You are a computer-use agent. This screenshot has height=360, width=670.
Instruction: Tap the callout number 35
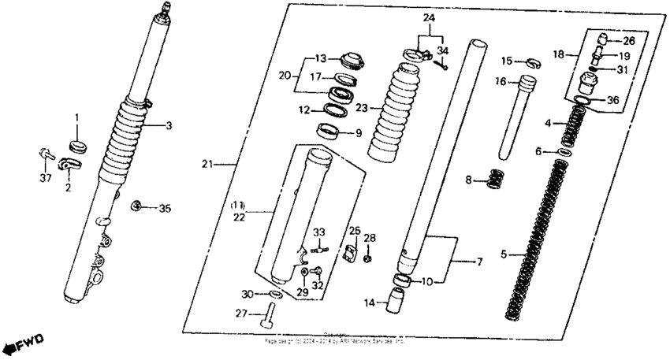point(164,209)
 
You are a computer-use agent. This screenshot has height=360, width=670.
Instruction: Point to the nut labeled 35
point(136,206)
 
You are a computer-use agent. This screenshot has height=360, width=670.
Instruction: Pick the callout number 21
point(207,165)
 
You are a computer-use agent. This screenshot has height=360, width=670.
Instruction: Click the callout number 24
point(428,17)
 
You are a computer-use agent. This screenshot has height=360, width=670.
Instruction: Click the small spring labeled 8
point(494,179)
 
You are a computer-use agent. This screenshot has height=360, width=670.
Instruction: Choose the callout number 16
point(501,81)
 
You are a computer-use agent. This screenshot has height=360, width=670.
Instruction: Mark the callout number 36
point(614,100)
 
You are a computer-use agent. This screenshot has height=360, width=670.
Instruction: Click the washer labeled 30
point(274,294)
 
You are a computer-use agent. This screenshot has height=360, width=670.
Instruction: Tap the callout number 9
point(359,132)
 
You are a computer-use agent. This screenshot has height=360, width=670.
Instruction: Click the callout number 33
point(318,232)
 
